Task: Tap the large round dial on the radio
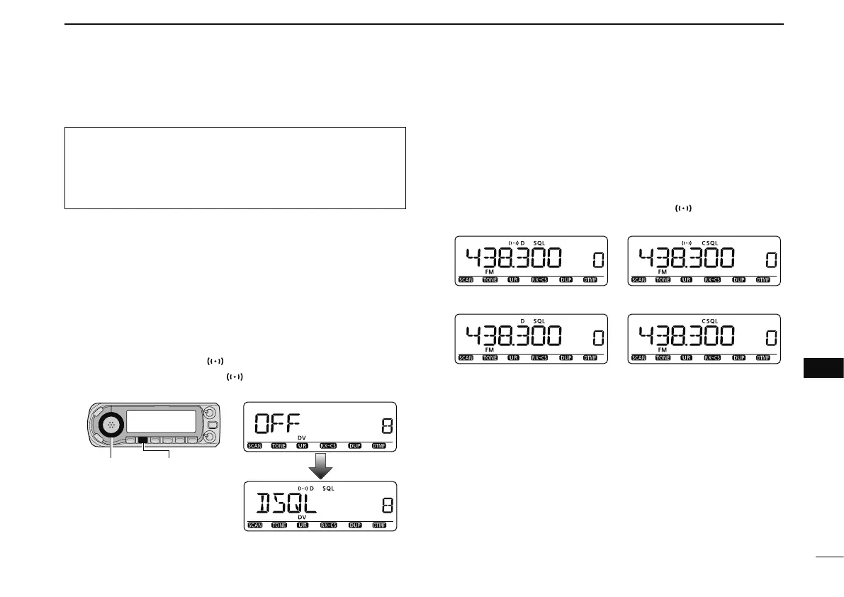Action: click(111, 425)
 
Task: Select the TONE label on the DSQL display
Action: click(278, 526)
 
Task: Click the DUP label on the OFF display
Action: click(355, 447)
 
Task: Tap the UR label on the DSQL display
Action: click(303, 526)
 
